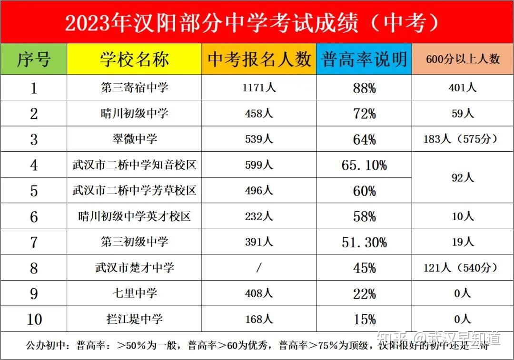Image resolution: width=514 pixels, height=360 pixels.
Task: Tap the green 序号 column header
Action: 34,59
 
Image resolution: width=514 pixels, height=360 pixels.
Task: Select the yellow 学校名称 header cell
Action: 134,59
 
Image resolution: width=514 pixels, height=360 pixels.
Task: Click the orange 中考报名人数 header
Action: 259,59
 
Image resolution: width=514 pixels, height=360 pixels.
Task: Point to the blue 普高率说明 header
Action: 364,59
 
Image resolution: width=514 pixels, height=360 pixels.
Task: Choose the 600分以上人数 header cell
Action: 463,59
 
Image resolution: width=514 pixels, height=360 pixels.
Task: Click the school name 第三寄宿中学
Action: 134,88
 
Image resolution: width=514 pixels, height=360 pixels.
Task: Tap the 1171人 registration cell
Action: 259,88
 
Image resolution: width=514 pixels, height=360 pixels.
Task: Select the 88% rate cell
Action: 364,88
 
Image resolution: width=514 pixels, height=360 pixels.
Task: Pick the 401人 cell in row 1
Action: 463,88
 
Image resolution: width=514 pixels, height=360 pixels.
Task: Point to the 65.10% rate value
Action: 364,165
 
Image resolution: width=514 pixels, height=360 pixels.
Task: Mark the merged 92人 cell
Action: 463,178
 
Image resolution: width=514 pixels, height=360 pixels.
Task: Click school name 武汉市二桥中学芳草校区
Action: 134,191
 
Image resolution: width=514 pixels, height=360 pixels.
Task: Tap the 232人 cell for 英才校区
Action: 259,216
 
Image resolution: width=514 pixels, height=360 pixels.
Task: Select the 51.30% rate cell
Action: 364,242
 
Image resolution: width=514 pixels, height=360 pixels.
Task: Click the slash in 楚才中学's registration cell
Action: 259,268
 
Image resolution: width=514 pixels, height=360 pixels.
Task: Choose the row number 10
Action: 34,319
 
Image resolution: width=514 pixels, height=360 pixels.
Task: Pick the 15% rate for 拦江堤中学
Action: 364,319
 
